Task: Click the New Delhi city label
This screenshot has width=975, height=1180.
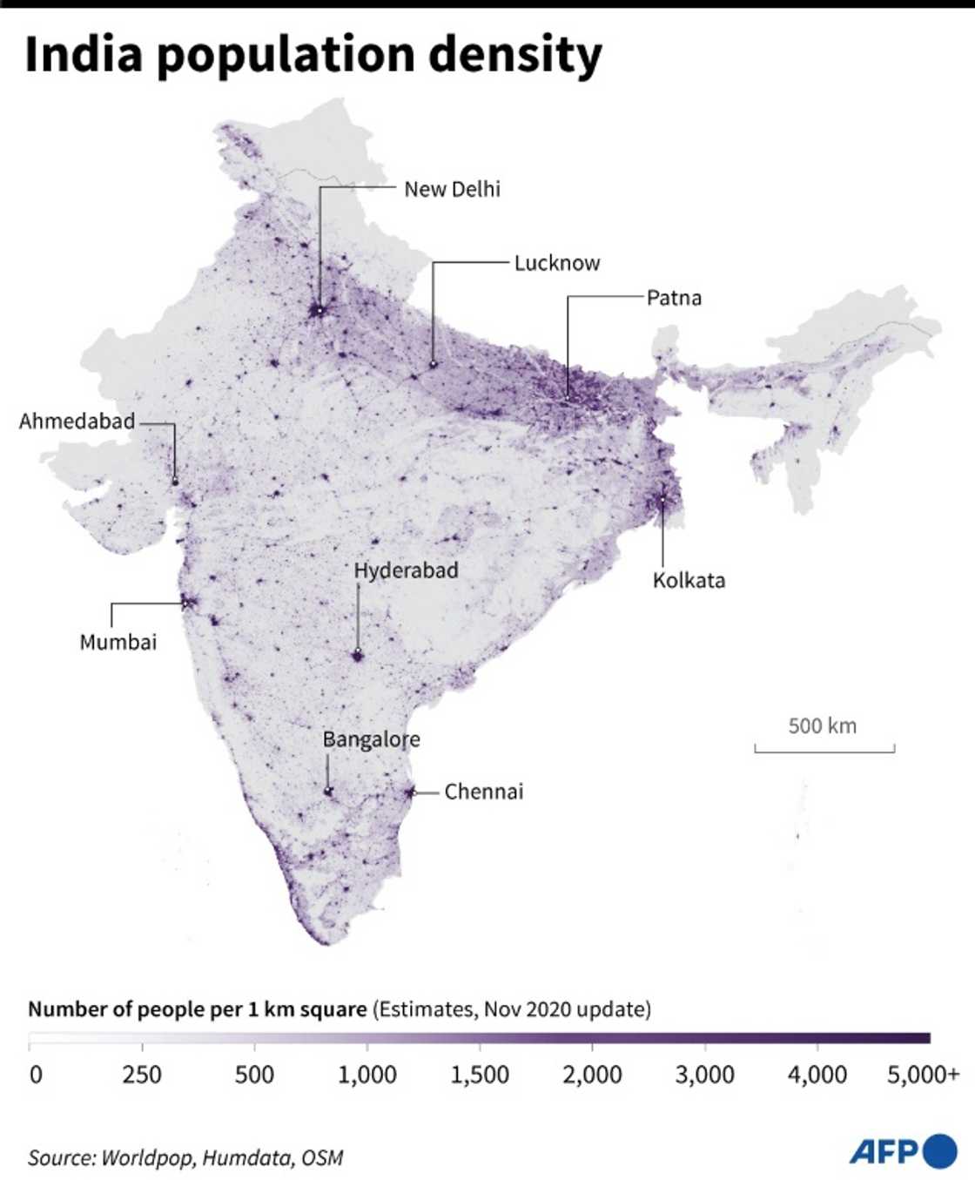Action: (452, 189)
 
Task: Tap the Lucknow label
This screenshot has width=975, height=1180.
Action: (556, 263)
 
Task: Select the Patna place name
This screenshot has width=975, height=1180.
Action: (674, 298)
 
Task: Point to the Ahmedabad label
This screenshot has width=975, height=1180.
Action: (77, 421)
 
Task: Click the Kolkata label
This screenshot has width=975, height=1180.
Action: (689, 580)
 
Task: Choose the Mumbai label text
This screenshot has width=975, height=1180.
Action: (118, 643)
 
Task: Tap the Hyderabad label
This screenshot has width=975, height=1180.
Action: (406, 570)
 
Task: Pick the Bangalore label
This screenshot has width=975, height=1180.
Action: (371, 739)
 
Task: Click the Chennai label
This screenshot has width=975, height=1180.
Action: (484, 792)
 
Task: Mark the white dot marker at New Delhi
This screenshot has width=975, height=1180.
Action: (319, 311)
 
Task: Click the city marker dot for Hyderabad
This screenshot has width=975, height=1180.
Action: (357, 653)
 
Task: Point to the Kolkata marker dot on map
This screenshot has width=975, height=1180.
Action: (662, 499)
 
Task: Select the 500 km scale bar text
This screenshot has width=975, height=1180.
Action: (822, 725)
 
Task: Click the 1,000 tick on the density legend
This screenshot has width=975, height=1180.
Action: (366, 1075)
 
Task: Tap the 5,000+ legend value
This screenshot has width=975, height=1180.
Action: (923, 1075)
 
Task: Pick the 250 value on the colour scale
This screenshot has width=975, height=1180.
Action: (141, 1075)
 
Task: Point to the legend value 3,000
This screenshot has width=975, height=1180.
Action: (704, 1075)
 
